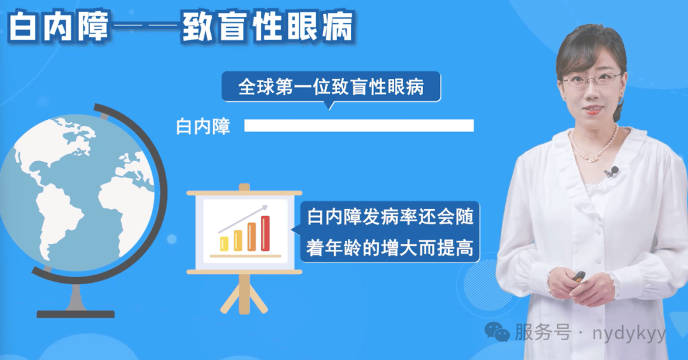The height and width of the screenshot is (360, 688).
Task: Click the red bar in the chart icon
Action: click(x=266, y=233)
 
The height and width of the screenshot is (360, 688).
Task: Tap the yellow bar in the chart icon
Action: click(x=224, y=243)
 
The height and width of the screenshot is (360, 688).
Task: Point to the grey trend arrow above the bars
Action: click(x=243, y=218)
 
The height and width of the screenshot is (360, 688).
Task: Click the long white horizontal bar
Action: click(x=359, y=126)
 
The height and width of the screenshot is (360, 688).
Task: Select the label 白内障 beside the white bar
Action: click(x=203, y=126)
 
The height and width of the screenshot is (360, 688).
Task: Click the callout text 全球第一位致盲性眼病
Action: click(x=331, y=87)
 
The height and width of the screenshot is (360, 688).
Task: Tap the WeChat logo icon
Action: click(x=497, y=331)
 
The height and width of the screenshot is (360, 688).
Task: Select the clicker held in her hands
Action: click(x=578, y=277)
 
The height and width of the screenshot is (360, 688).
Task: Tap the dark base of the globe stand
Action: click(x=75, y=314)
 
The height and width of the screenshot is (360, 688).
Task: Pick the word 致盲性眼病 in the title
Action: click(x=267, y=27)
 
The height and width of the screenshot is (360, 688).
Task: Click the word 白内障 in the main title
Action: click(x=59, y=27)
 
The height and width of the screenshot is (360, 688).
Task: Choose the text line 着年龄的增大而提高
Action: click(x=390, y=248)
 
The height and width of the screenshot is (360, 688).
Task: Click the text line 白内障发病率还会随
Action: click(x=390, y=217)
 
